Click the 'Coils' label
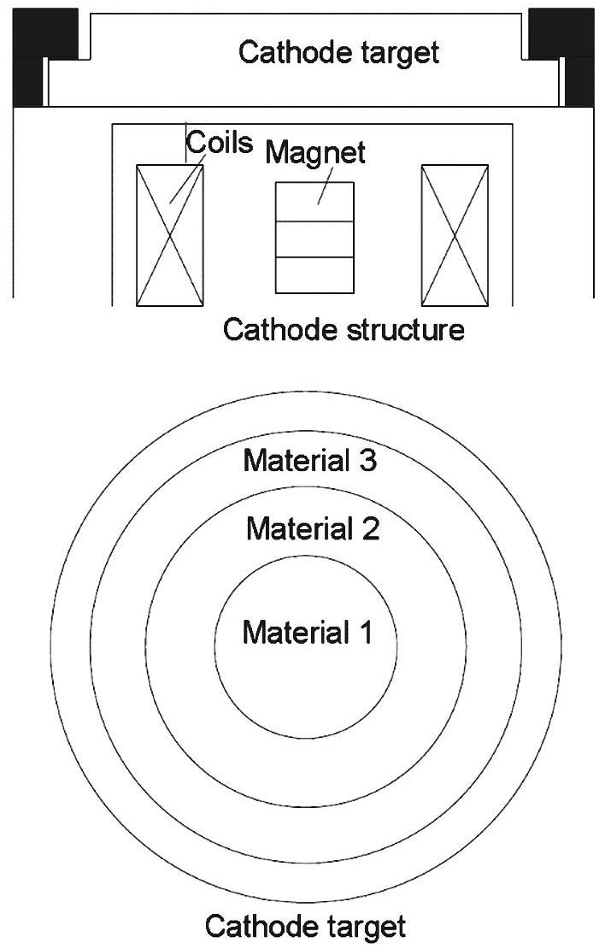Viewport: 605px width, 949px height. tap(219, 142)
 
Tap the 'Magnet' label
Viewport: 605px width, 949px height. tap(315, 152)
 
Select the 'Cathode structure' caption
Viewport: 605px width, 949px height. tap(344, 330)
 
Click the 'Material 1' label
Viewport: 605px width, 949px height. tap(308, 633)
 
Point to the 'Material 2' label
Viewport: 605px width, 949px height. tap(313, 528)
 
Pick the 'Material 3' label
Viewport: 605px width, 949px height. tap(309, 461)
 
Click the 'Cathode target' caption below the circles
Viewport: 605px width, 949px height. tap(305, 927)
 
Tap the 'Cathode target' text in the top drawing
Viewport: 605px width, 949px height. tap(338, 52)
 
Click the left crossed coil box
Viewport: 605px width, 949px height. tap(170, 235)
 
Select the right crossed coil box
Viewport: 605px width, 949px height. tap(455, 235)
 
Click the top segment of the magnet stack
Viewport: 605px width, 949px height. tap(314, 202)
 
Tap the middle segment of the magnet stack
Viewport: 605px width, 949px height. tap(314, 239)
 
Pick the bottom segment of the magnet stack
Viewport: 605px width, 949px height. tap(314, 275)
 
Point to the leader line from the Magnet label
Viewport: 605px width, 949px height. tap(326, 186)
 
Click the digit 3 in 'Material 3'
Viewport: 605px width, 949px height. tap(368, 461)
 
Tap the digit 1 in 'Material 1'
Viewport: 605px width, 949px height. tap(366, 633)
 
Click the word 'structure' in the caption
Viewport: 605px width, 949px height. tap(406, 330)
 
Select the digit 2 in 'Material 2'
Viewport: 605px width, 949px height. tap(372, 528)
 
